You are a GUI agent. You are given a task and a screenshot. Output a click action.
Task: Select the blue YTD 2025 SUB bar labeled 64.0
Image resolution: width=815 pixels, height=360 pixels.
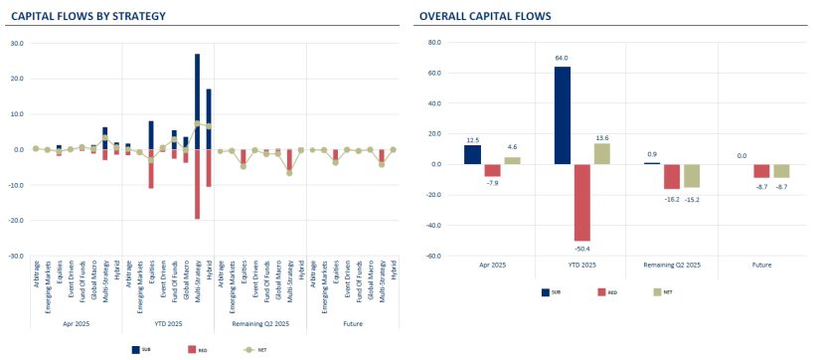(563, 114)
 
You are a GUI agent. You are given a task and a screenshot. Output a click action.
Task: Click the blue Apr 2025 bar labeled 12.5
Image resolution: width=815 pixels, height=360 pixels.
(472, 154)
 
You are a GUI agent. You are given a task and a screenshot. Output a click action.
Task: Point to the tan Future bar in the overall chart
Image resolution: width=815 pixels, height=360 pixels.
(782, 171)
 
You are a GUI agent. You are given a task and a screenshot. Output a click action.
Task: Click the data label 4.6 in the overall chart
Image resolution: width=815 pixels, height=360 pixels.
(512, 147)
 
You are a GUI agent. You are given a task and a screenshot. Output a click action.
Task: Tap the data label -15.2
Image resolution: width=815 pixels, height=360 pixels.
(693, 198)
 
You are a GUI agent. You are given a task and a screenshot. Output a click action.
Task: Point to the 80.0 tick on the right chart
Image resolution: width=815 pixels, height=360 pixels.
(433, 43)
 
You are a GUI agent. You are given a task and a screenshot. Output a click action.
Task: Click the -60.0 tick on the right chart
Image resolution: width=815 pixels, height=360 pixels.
(432, 256)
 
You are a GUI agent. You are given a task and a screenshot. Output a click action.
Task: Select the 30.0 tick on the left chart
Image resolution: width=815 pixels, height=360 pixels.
(17, 44)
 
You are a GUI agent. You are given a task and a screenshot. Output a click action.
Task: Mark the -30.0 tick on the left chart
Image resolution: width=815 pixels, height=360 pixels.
(16, 256)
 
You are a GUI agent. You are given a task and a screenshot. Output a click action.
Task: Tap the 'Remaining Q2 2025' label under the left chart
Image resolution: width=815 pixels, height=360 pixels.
(261, 324)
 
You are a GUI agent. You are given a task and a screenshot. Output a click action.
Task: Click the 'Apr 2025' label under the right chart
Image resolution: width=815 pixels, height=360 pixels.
(492, 267)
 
